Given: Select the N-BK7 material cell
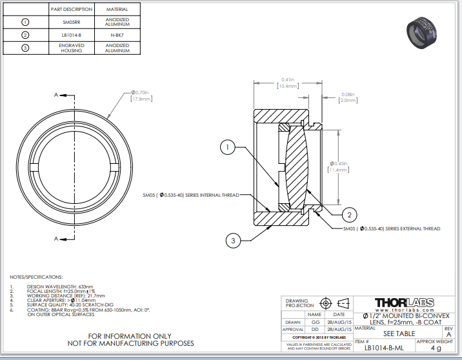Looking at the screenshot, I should pyautogui.click(x=117, y=35).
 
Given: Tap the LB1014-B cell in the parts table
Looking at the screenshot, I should pyautogui.click(x=71, y=35).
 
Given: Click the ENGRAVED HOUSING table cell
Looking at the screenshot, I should pyautogui.click(x=71, y=48).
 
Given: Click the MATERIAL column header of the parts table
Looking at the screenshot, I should pyautogui.click(x=117, y=10).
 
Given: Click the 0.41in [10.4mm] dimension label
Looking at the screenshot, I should pyautogui.click(x=288, y=82).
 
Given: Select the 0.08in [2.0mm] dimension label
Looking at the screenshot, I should pyautogui.click(x=348, y=97).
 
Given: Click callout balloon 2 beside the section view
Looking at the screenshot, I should pyautogui.click(x=348, y=215).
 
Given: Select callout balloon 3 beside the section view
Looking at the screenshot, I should pyautogui.click(x=233, y=241).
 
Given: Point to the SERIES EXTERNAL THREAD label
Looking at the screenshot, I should pyautogui.click(x=392, y=228).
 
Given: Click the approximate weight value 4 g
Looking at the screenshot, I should pyautogui.click(x=436, y=348).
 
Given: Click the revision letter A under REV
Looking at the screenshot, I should pyautogui.click(x=448, y=334).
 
